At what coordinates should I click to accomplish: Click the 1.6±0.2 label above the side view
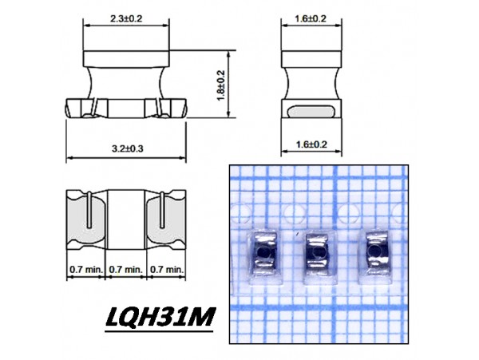tap(311, 18)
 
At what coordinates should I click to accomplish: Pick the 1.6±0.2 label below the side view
tap(311, 145)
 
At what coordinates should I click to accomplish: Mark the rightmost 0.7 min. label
tap(165, 270)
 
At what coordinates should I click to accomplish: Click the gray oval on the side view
tap(311, 113)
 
